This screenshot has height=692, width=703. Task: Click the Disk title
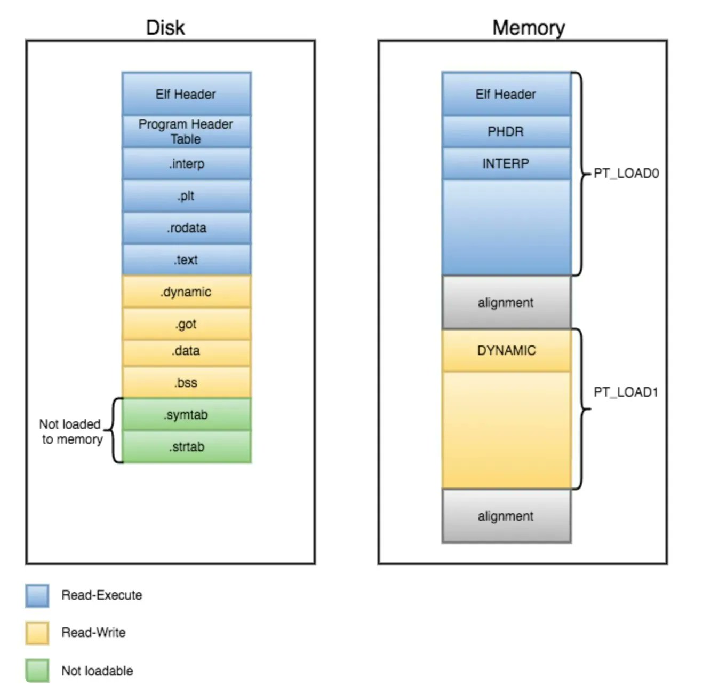pyautogui.click(x=165, y=28)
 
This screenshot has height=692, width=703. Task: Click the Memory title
pyautogui.click(x=528, y=28)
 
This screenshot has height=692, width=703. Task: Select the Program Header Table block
pyautogui.click(x=186, y=131)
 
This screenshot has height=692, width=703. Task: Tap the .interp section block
pyautogui.click(x=186, y=164)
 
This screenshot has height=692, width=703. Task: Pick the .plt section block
pyautogui.click(x=186, y=196)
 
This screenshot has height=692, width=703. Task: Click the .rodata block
pyautogui.click(x=186, y=228)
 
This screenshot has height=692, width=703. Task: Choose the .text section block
pyautogui.click(x=186, y=260)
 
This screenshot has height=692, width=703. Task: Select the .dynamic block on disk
pyautogui.click(x=186, y=292)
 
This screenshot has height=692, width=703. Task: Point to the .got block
pyautogui.click(x=186, y=324)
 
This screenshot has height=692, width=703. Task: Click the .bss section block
pyautogui.click(x=186, y=382)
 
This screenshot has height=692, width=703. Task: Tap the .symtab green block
pyautogui.click(x=186, y=415)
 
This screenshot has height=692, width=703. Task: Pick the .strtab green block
pyautogui.click(x=186, y=447)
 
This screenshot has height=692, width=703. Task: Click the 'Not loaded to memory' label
pyautogui.click(x=71, y=431)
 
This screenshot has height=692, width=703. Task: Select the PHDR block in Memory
pyautogui.click(x=506, y=131)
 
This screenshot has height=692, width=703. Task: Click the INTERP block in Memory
pyautogui.click(x=506, y=163)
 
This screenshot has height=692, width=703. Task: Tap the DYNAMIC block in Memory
pyautogui.click(x=506, y=350)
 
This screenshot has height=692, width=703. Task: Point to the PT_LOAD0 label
pyautogui.click(x=626, y=174)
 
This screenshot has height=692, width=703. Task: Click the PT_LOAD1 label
pyautogui.click(x=626, y=392)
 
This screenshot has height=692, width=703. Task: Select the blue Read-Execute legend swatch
pyautogui.click(x=37, y=595)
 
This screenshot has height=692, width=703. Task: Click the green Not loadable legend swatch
pyautogui.click(x=37, y=671)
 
